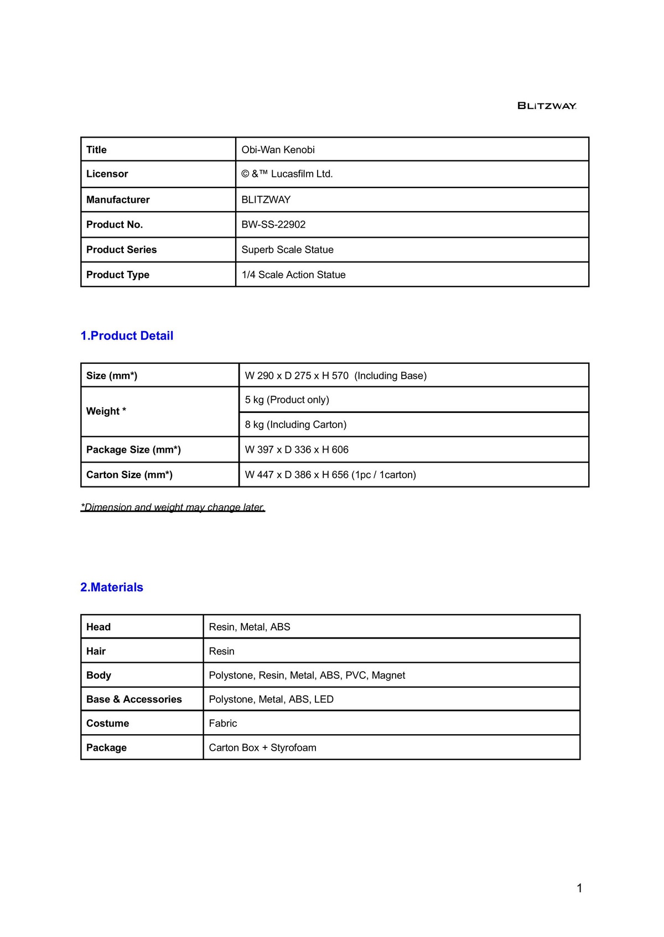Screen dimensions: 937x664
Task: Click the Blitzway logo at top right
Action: coord(547,106)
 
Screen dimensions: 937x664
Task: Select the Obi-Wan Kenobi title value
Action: coord(278,150)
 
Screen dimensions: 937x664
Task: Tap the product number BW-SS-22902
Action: coord(273,224)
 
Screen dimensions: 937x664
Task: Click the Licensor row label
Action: coord(107,174)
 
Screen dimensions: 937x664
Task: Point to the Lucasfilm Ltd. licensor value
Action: coord(287,174)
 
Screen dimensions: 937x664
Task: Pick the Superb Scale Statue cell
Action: coord(287,250)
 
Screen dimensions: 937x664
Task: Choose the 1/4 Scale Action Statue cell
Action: coord(293,275)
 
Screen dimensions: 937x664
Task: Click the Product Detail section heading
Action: coord(127,336)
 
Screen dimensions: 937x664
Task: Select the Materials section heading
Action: coord(112,587)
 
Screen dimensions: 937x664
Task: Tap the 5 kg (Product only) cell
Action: coord(287,400)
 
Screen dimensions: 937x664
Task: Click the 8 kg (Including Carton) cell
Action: coord(295,425)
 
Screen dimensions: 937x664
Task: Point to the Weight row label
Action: coord(106,411)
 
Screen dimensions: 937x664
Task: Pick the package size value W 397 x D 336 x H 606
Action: coord(297,450)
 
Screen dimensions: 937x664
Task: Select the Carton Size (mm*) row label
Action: coord(129,475)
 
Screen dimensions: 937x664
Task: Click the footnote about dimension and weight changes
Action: coord(173,507)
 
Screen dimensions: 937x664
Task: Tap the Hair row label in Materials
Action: coord(96,651)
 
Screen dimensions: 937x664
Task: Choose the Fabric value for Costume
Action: coord(222,724)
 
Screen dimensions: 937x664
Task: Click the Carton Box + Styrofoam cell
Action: coord(262,748)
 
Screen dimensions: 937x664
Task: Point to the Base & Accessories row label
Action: coord(134,699)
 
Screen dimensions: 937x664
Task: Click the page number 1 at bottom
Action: coord(579,888)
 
